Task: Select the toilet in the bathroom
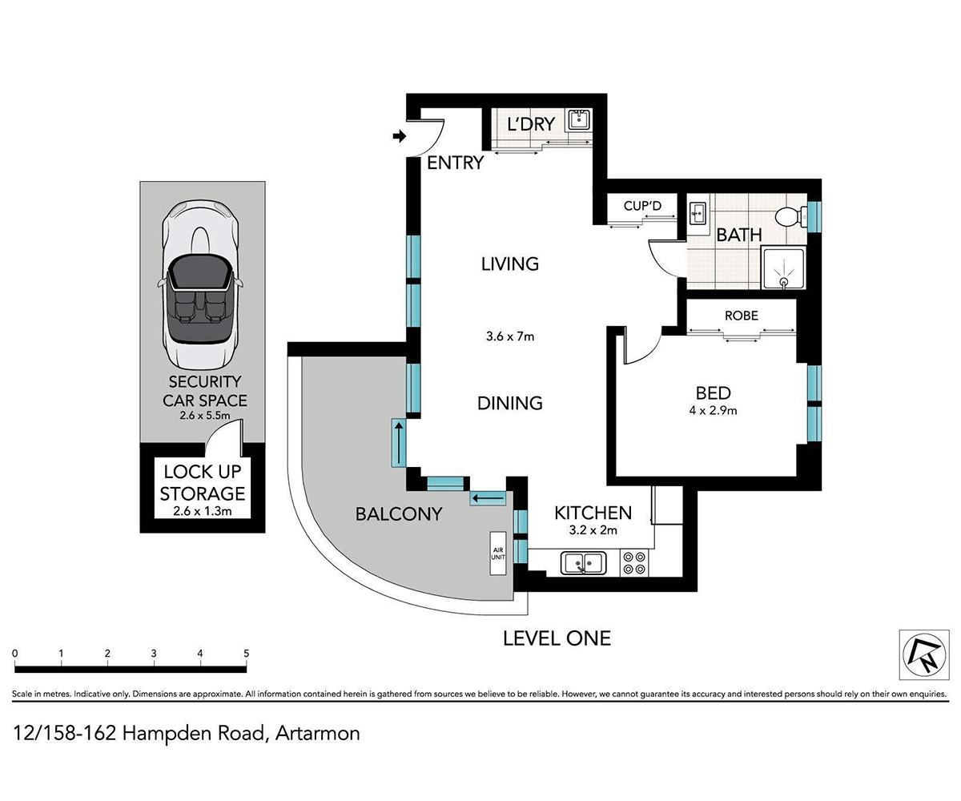789,217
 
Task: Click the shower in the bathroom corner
782,268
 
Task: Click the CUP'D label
643,207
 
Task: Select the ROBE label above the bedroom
741,316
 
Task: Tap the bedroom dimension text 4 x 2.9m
713,411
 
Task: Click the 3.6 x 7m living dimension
509,336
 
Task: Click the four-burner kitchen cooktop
635,562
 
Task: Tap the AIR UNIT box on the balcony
498,553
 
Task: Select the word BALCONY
398,514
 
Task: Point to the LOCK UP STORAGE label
203,482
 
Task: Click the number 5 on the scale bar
247,654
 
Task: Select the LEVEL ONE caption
557,638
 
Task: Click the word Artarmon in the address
317,732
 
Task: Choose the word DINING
509,403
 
